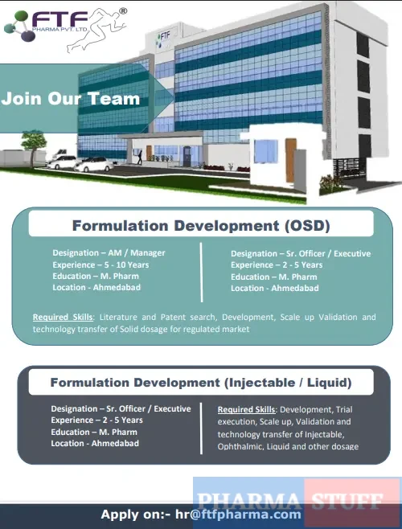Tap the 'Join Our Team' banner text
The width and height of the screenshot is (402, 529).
pyautogui.click(x=71, y=100)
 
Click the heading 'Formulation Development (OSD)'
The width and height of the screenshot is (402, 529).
pyautogui.click(x=201, y=225)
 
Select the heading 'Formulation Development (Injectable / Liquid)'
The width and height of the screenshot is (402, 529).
pyautogui.click(x=201, y=383)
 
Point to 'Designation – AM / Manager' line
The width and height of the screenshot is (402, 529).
pyautogui.click(x=109, y=253)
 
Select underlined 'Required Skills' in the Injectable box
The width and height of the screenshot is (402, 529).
pyautogui.click(x=247, y=409)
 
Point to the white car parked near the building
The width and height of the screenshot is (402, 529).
pyautogui.click(x=94, y=164)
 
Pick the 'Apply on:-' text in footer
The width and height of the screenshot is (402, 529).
pyautogui.click(x=134, y=515)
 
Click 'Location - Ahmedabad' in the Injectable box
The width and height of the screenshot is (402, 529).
pyautogui.click(x=95, y=443)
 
